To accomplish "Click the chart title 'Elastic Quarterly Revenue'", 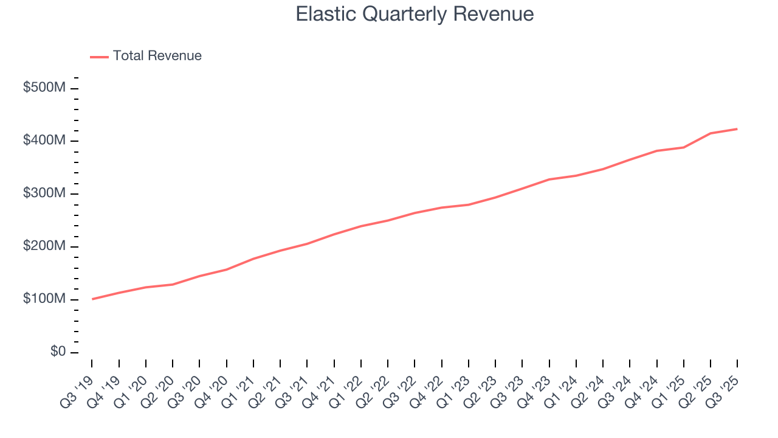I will [415, 14].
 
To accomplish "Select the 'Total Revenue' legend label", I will [157, 56].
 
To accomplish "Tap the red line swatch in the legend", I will [99, 57].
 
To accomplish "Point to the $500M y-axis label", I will [44, 88].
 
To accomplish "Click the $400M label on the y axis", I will [44, 141].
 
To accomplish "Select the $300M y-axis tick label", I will [44, 193].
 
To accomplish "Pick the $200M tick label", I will [44, 246].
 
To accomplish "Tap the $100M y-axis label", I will [44, 299].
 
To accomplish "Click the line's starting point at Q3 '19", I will [92, 299].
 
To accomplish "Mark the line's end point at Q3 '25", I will [737, 129].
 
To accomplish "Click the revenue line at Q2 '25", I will [711, 133].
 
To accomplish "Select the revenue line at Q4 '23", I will [549, 179].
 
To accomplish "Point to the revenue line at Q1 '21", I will [253, 259].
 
